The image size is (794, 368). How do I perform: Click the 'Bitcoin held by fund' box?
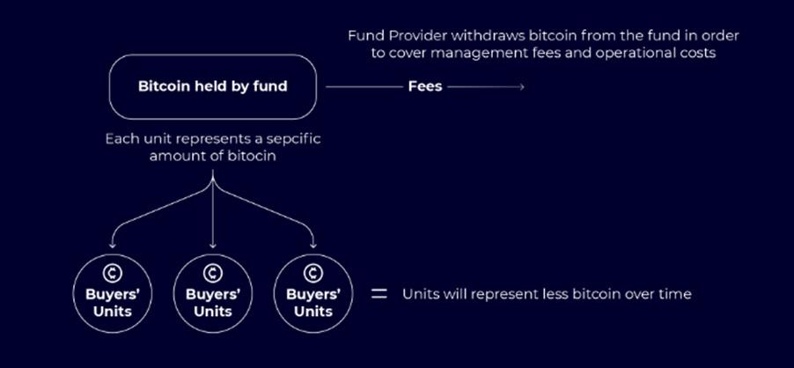[x=211, y=87]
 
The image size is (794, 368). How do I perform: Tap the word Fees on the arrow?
[x=425, y=87]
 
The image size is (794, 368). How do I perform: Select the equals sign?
[x=379, y=294]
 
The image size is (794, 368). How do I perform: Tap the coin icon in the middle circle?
[x=213, y=274]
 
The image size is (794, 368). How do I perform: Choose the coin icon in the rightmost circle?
[x=313, y=274]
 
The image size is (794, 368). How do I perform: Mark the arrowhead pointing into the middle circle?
[x=213, y=247]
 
